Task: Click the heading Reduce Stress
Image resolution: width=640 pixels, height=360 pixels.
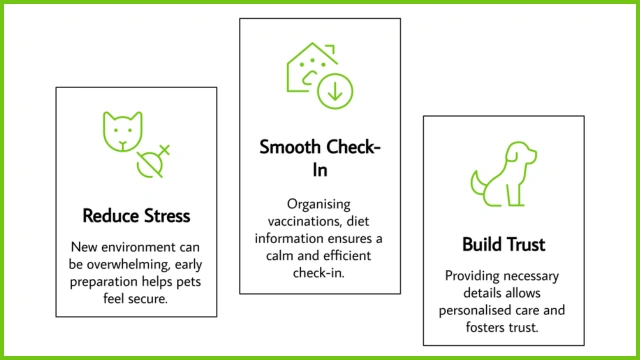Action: click(136, 216)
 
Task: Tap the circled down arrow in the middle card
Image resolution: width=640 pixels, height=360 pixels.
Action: click(335, 92)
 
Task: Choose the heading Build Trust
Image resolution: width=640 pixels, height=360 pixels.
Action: click(504, 245)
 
